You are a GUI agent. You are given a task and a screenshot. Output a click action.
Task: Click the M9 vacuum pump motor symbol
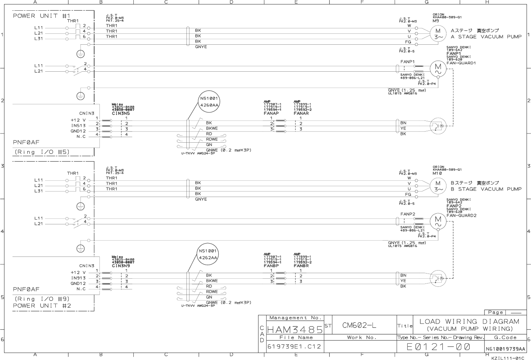438,34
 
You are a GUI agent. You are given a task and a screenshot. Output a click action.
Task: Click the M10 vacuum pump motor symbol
438,186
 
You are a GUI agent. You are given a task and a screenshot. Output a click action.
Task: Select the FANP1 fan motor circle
438,68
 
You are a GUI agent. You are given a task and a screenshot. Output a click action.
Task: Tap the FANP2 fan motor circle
438,221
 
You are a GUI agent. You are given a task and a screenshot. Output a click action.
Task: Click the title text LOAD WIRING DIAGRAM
469,322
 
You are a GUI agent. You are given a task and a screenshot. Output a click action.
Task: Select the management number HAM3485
294,329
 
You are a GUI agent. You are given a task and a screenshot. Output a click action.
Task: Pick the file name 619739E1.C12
294,347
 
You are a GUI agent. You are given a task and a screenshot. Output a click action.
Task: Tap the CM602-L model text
359,325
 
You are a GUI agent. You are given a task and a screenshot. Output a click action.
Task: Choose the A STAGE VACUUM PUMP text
486,37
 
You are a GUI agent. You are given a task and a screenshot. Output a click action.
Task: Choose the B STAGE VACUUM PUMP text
486,189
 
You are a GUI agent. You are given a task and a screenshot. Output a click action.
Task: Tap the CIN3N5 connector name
121,113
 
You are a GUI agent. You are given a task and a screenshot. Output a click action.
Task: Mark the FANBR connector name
301,266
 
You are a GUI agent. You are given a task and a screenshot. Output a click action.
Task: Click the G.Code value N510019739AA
505,349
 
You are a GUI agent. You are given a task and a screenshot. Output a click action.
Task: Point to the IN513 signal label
78,125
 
